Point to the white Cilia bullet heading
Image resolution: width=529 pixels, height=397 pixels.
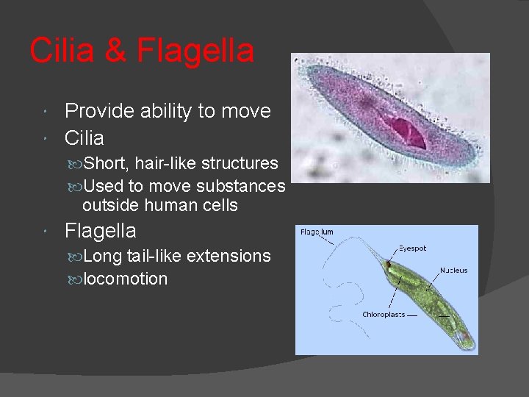tap(84, 137)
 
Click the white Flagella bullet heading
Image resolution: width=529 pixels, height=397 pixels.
tap(101, 231)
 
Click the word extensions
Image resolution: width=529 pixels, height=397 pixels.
tap(228, 256)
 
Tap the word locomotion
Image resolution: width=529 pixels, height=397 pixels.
tap(126, 279)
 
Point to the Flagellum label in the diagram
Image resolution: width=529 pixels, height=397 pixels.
tap(317, 232)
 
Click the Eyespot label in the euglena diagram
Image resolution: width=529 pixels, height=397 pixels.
tap(411, 248)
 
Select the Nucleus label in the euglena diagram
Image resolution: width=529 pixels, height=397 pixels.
tap(453, 271)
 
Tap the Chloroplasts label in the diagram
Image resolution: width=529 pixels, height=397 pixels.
tap(383, 315)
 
